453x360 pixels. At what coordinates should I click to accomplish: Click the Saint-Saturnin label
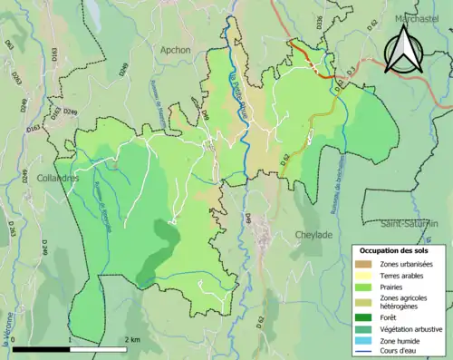tap(410, 222)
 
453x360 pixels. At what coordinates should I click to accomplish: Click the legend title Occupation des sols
tap(395, 250)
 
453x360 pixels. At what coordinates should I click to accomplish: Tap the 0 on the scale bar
tap(14, 339)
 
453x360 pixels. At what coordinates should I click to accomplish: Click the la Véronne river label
tap(7, 336)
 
